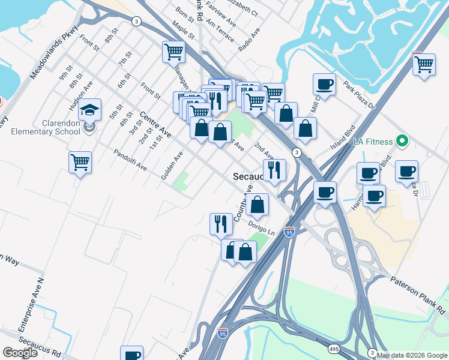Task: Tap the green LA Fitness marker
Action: pyautogui.click(x=402, y=142)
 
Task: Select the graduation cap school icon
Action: pyautogui.click(x=89, y=110)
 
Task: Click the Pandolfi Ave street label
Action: pyautogui.click(x=130, y=159)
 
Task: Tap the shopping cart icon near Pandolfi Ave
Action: pyautogui.click(x=80, y=162)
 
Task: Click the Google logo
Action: pyautogui.click(x=20, y=353)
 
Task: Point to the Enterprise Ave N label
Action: pyautogui.click(x=31, y=305)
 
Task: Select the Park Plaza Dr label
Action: pyautogui.click(x=358, y=94)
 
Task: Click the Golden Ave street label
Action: pyautogui.click(x=172, y=165)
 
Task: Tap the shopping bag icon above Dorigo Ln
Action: pyautogui.click(x=258, y=205)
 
